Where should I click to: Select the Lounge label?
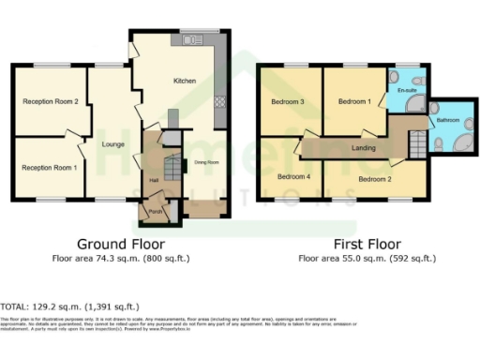[x=113, y=143]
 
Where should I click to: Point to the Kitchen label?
[x=185, y=82]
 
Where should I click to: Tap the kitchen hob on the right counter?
[x=221, y=102]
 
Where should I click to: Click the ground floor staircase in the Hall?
[x=172, y=169]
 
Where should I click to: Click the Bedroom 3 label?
[x=290, y=101]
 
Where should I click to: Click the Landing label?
[x=352, y=147]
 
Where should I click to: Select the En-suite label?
[x=406, y=91]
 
